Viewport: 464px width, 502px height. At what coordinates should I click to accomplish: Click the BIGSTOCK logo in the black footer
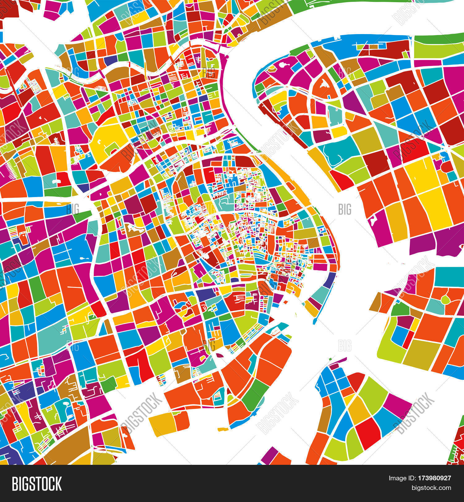[37, 484]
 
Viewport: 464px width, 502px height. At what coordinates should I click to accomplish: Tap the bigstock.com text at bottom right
[431, 488]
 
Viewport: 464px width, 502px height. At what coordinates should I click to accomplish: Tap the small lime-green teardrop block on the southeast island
[445, 300]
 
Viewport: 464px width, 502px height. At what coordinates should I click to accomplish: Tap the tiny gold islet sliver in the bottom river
[223, 429]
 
